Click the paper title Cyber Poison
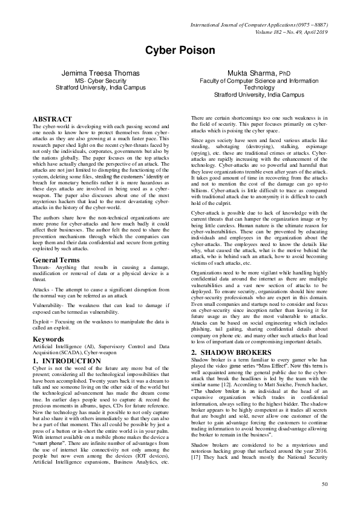pyautogui.click(x=180, y=50)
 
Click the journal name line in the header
pyautogui.click(x=259, y=25)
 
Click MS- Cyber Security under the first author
pyautogui.click(x=100, y=80)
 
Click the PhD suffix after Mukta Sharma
pyautogui.click(x=284, y=74)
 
